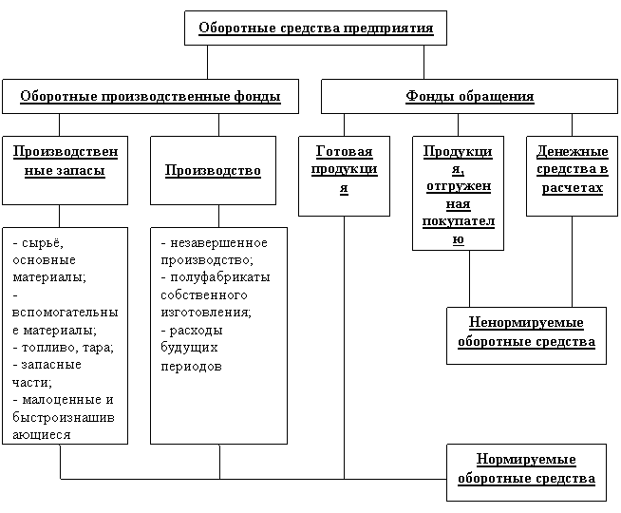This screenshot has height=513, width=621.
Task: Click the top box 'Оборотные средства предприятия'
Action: point(315,28)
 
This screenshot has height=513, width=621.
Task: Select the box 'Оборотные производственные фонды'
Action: point(150,96)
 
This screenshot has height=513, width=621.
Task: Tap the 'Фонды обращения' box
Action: point(469,96)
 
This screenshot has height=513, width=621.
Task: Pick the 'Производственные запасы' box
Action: point(65,169)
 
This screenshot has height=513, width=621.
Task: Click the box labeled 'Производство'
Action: point(213,170)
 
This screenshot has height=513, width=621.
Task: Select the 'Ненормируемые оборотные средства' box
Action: point(525,332)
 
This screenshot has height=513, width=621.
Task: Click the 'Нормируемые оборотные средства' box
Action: point(525,469)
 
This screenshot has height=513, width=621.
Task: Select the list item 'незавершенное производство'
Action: point(214,252)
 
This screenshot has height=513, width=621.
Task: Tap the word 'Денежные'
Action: point(572,152)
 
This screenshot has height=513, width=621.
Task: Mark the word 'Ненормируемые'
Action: point(526,323)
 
